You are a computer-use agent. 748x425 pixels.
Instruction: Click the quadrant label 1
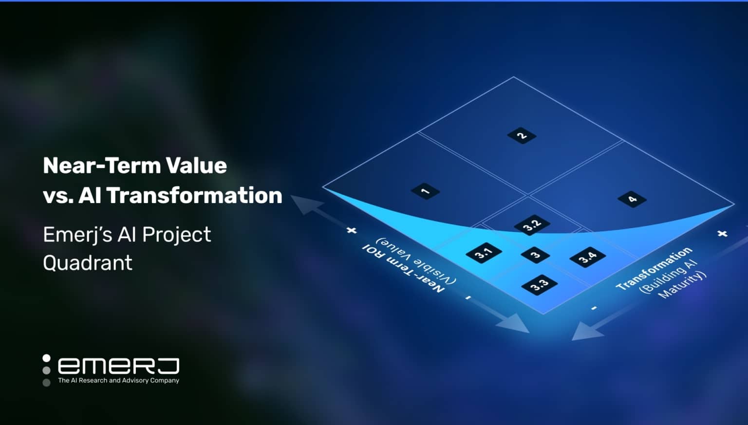point(425,191)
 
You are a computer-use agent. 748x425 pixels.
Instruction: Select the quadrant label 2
point(522,135)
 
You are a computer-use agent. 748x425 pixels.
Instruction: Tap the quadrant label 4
point(632,199)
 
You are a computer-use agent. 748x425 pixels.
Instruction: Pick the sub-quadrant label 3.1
point(484,253)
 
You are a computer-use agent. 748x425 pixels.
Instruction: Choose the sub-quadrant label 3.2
point(532,225)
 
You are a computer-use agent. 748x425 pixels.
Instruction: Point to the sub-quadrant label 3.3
point(539,284)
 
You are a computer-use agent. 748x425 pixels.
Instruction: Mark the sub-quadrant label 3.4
point(587,257)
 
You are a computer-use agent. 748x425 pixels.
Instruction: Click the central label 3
point(535,255)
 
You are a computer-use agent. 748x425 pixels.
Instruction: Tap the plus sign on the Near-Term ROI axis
point(352,230)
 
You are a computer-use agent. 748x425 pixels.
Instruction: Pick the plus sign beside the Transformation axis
point(722,234)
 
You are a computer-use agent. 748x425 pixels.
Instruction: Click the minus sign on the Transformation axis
point(594,308)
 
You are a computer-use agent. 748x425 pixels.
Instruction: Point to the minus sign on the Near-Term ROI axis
point(468,297)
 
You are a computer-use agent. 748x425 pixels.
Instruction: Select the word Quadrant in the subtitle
point(88,263)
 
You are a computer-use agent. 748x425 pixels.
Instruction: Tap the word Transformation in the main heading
point(194,195)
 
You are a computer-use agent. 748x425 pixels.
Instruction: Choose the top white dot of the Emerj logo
point(46,358)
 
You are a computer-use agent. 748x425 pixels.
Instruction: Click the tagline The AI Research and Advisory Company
point(118,380)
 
